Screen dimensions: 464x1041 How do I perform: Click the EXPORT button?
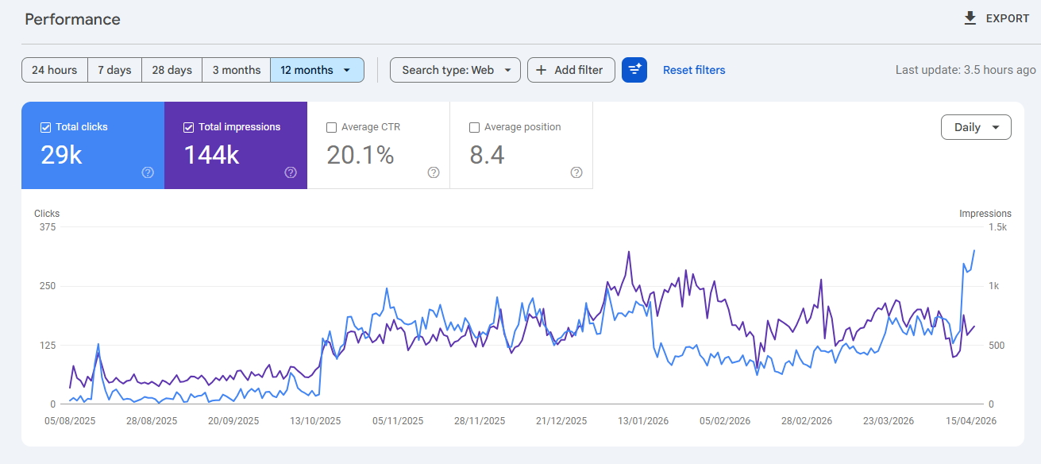[x=996, y=18]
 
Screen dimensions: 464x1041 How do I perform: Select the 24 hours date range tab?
[x=54, y=70]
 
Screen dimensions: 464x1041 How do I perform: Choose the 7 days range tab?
[x=114, y=70]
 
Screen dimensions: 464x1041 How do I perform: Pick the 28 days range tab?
[x=172, y=70]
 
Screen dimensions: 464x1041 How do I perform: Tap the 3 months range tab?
[x=236, y=70]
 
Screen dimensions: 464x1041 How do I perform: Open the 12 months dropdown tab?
[x=316, y=70]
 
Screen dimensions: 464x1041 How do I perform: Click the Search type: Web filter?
[x=455, y=70]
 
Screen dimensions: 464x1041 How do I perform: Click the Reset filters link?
[x=694, y=70]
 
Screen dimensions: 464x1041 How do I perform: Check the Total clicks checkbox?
[x=45, y=127]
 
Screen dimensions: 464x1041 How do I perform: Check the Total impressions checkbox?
[x=188, y=127]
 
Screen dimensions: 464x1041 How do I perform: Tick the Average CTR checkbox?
[x=331, y=127]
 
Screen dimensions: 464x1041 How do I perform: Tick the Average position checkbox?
[x=474, y=127]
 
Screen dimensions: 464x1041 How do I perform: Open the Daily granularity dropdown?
[x=975, y=127]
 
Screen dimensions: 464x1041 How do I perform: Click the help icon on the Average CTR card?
[x=434, y=172]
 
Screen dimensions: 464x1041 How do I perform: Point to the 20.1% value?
[x=360, y=155]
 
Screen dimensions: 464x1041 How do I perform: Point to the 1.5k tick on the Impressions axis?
[x=997, y=227]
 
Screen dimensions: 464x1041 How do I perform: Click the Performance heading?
[x=72, y=19]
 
